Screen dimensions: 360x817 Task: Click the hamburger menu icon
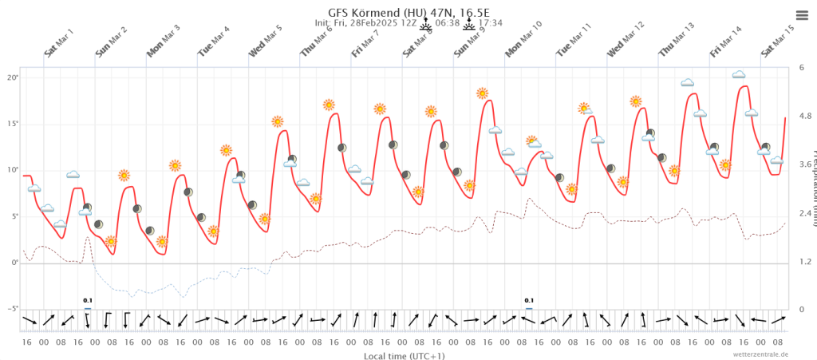[x=801, y=14]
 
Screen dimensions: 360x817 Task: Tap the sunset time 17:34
[x=491, y=23]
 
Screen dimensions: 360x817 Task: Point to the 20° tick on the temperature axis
[x=12, y=77]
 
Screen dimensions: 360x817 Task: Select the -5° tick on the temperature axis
[x=11, y=309]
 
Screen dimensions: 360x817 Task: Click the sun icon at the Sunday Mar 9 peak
[x=482, y=93]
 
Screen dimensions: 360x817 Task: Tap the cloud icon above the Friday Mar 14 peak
[x=739, y=75]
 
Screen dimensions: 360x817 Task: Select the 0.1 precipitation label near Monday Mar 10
[x=528, y=301]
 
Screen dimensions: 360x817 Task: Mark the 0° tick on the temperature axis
[x=14, y=263]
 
